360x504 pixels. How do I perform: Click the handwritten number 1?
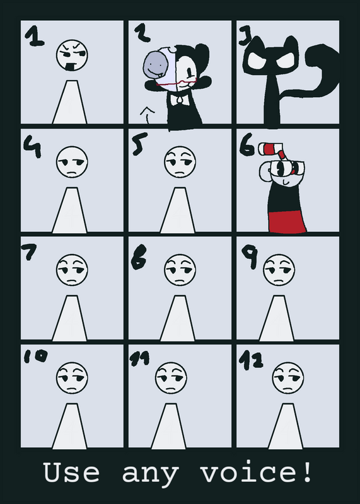pyautogui.click(x=34, y=36)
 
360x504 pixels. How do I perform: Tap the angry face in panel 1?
pyautogui.click(x=72, y=55)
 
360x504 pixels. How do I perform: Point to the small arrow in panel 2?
pyautogui.click(x=148, y=115)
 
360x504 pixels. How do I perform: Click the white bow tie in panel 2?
pyautogui.click(x=181, y=100)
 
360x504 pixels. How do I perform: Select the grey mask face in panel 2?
pyautogui.click(x=156, y=65)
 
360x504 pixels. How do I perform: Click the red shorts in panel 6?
pyautogui.click(x=287, y=221)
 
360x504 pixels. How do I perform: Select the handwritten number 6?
pyautogui.click(x=247, y=146)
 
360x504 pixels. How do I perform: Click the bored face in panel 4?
pyautogui.click(x=72, y=162)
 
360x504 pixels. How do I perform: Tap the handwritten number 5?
pyautogui.click(x=139, y=144)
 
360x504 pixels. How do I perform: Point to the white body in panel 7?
pyautogui.click(x=69, y=318)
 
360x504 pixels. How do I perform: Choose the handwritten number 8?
pyautogui.click(x=139, y=257)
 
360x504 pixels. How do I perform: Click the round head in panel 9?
pyautogui.click(x=279, y=270)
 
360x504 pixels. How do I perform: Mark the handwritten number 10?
pyautogui.click(x=35, y=356)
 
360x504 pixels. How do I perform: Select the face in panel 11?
pyautogui.click(x=171, y=378)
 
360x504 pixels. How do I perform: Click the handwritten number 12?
pyautogui.click(x=251, y=360)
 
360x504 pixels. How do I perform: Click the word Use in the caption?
pyautogui.click(x=71, y=472)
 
